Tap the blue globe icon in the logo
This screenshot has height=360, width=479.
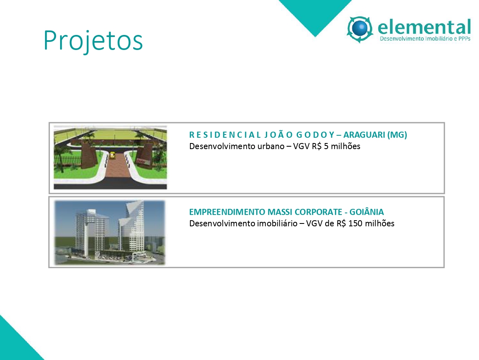click(360, 28)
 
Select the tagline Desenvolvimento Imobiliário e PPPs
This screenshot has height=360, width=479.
click(425, 39)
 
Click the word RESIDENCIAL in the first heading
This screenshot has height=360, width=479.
click(225, 135)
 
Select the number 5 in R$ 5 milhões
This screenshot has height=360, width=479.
click(326, 147)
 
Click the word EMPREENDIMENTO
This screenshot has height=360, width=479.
click(227, 212)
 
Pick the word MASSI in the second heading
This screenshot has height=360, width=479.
click(280, 212)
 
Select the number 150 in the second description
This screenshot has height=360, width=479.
click(356, 223)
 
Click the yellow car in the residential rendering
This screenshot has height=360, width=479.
click(112, 155)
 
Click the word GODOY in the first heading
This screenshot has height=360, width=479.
click(315, 135)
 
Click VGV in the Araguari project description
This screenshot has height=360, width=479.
click(301, 147)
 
